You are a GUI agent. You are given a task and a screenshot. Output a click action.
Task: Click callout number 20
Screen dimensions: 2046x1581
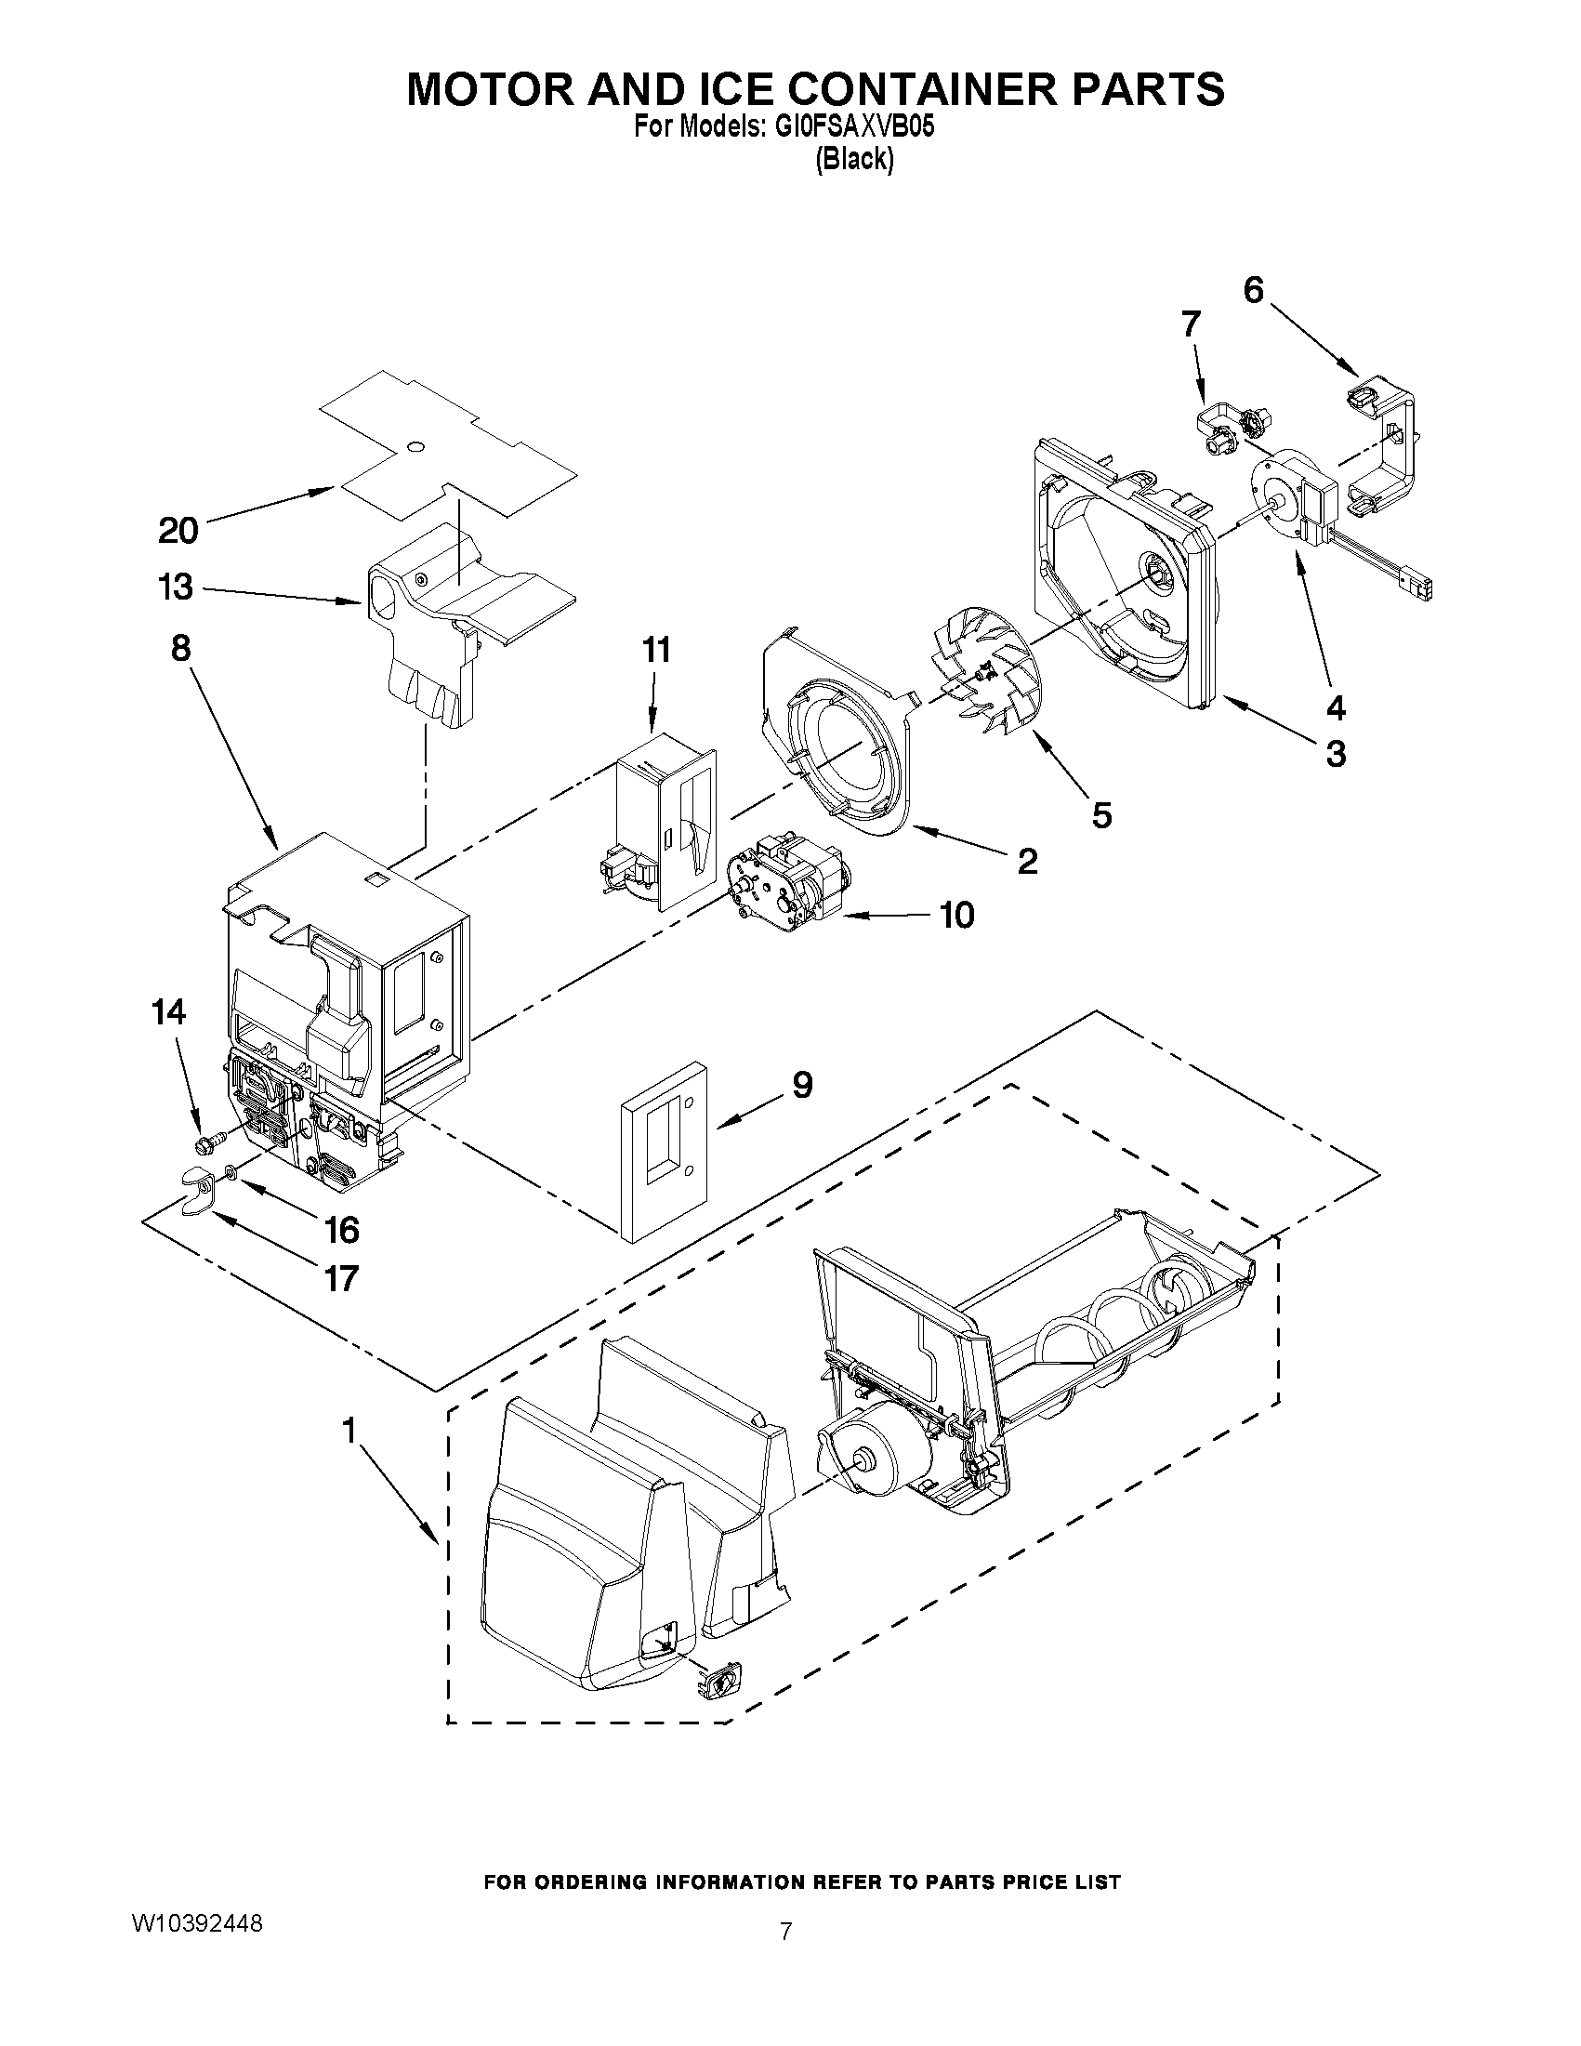(178, 530)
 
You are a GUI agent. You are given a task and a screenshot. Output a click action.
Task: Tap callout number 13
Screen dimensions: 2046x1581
(176, 587)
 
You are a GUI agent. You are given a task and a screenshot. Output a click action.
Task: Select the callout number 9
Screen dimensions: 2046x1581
(802, 1085)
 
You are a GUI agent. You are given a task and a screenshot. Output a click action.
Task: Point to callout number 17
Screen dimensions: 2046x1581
(341, 1277)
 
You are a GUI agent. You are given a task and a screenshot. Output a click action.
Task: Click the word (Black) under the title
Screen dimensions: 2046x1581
(853, 159)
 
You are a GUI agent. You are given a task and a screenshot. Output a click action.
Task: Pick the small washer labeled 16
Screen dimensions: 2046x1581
(231, 1171)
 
